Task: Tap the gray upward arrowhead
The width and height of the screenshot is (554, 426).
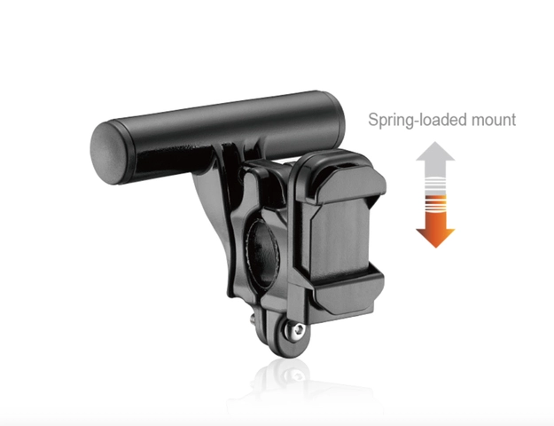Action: click(435, 151)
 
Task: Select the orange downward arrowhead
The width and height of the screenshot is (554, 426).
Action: click(435, 238)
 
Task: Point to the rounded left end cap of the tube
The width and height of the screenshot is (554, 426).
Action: click(107, 153)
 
